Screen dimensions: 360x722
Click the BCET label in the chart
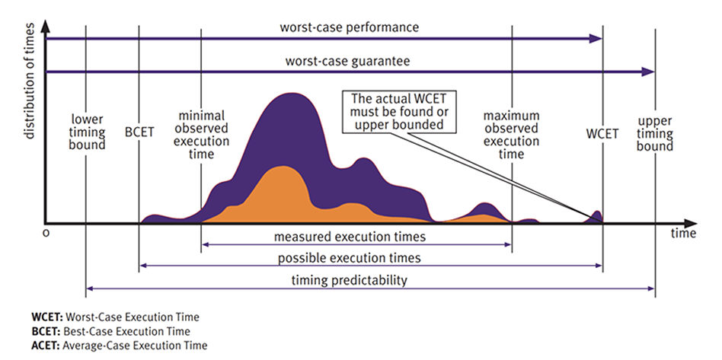139,132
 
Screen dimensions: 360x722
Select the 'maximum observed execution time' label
513,135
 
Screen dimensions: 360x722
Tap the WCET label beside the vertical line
602,132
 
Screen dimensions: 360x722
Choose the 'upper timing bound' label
655,133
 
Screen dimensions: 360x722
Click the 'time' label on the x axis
683,234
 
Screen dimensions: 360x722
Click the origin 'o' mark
46,234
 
